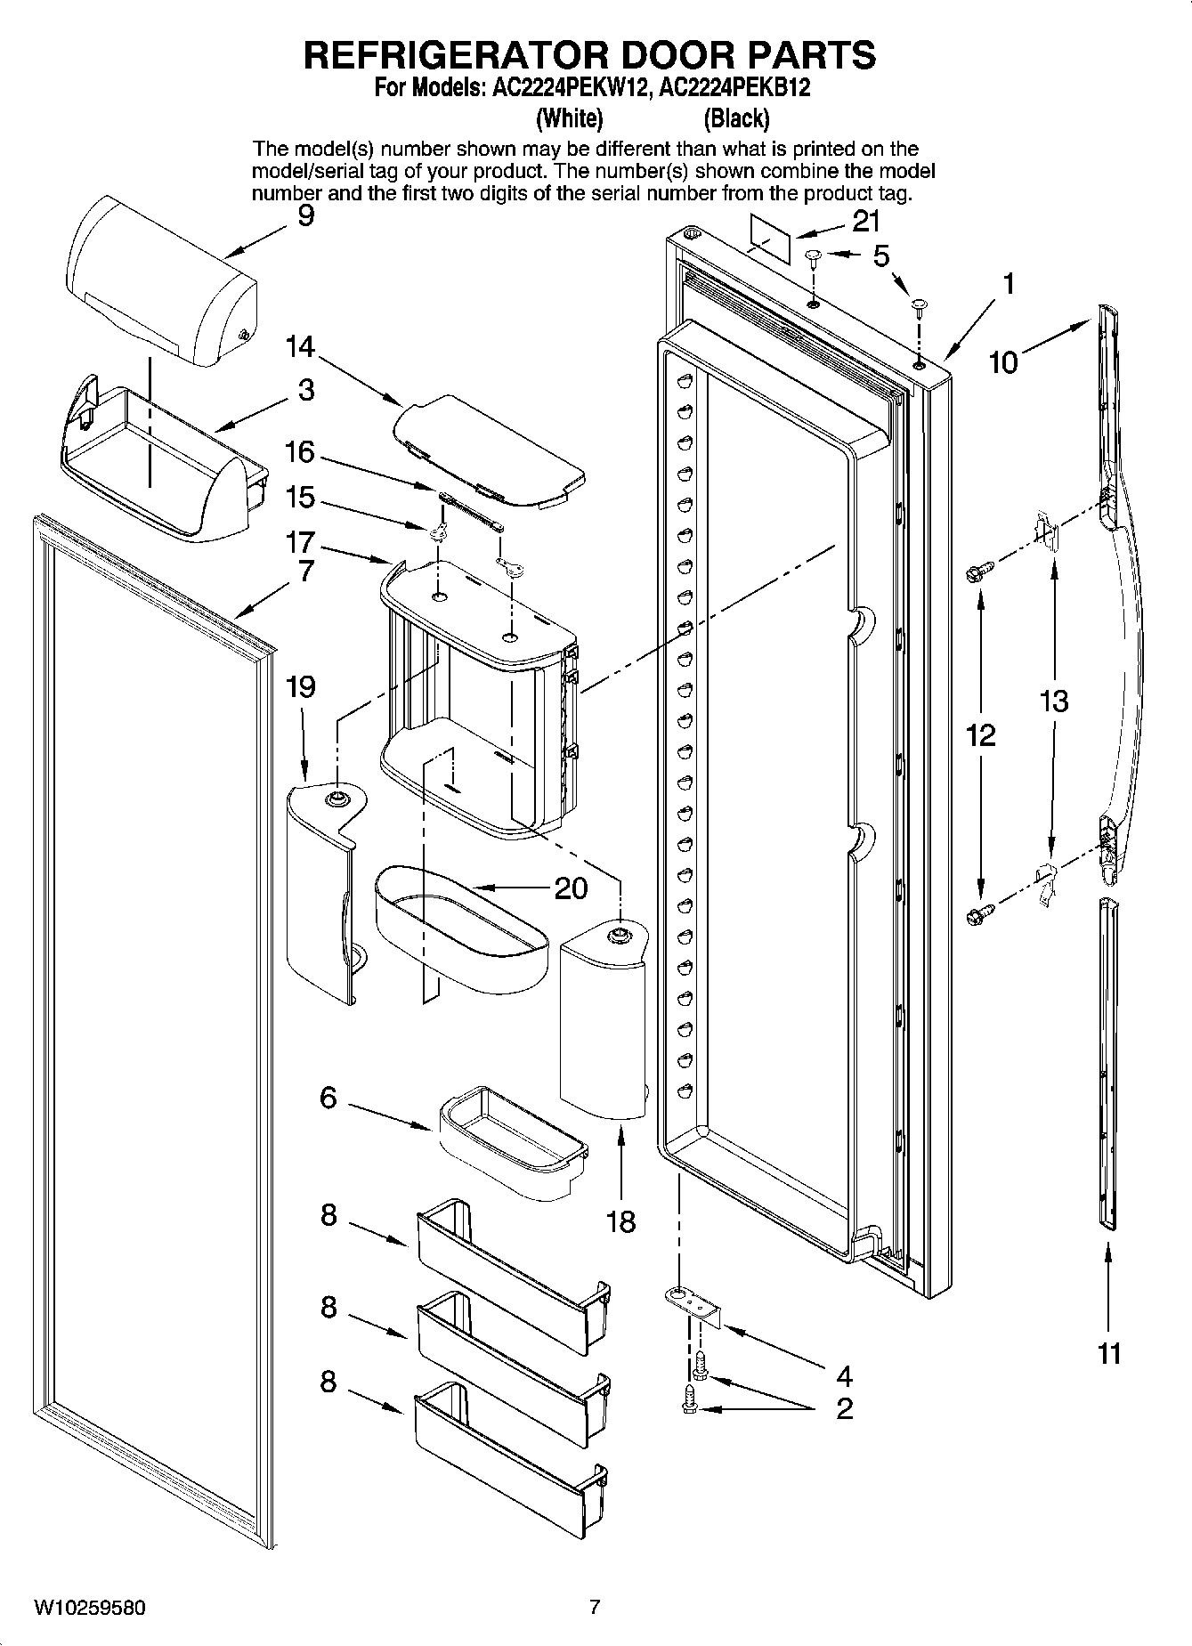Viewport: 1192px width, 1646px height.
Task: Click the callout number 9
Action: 305,215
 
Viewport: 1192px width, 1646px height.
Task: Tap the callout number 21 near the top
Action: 864,221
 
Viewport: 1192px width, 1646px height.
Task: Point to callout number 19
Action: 301,686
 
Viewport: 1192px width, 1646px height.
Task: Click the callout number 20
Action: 570,888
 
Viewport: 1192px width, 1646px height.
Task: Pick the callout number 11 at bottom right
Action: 1108,1354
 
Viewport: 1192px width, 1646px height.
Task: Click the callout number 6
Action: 328,1098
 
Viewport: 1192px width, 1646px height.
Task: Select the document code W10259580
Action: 89,1608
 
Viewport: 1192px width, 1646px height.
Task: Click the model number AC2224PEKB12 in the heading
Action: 737,89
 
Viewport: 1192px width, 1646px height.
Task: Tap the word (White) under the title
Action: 570,118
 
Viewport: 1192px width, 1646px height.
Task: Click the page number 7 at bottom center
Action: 595,1607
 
